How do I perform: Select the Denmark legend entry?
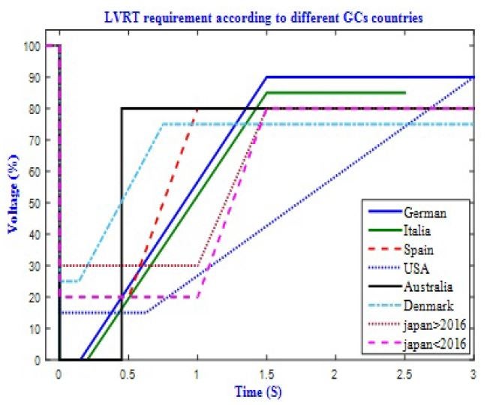coord(423,304)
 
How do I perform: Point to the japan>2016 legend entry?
coord(428,324)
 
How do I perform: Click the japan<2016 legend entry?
coord(428,343)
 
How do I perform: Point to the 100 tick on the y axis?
coord(33,46)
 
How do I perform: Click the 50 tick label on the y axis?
coord(36,202)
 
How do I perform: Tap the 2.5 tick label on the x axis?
coord(404,373)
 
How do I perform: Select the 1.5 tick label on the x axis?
coord(266,373)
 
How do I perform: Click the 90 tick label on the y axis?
coord(36,77)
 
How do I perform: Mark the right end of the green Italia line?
coord(405,93)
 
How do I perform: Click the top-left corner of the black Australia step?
coord(122,109)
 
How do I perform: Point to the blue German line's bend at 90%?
coord(266,77)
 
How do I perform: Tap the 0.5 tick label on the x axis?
coord(128,373)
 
